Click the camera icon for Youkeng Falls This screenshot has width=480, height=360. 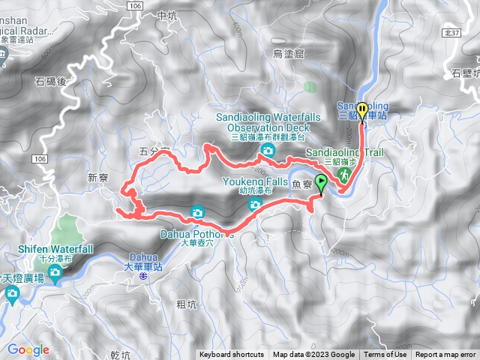[x=255, y=204]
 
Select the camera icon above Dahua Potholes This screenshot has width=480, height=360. [x=196, y=211]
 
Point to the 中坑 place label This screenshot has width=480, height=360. [x=168, y=14]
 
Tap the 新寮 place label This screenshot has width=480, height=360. [x=98, y=178]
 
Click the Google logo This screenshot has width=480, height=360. [x=28, y=349]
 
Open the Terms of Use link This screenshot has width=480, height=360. [x=385, y=355]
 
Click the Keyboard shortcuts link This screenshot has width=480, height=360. [x=232, y=355]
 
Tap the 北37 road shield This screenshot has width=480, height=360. [x=451, y=33]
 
